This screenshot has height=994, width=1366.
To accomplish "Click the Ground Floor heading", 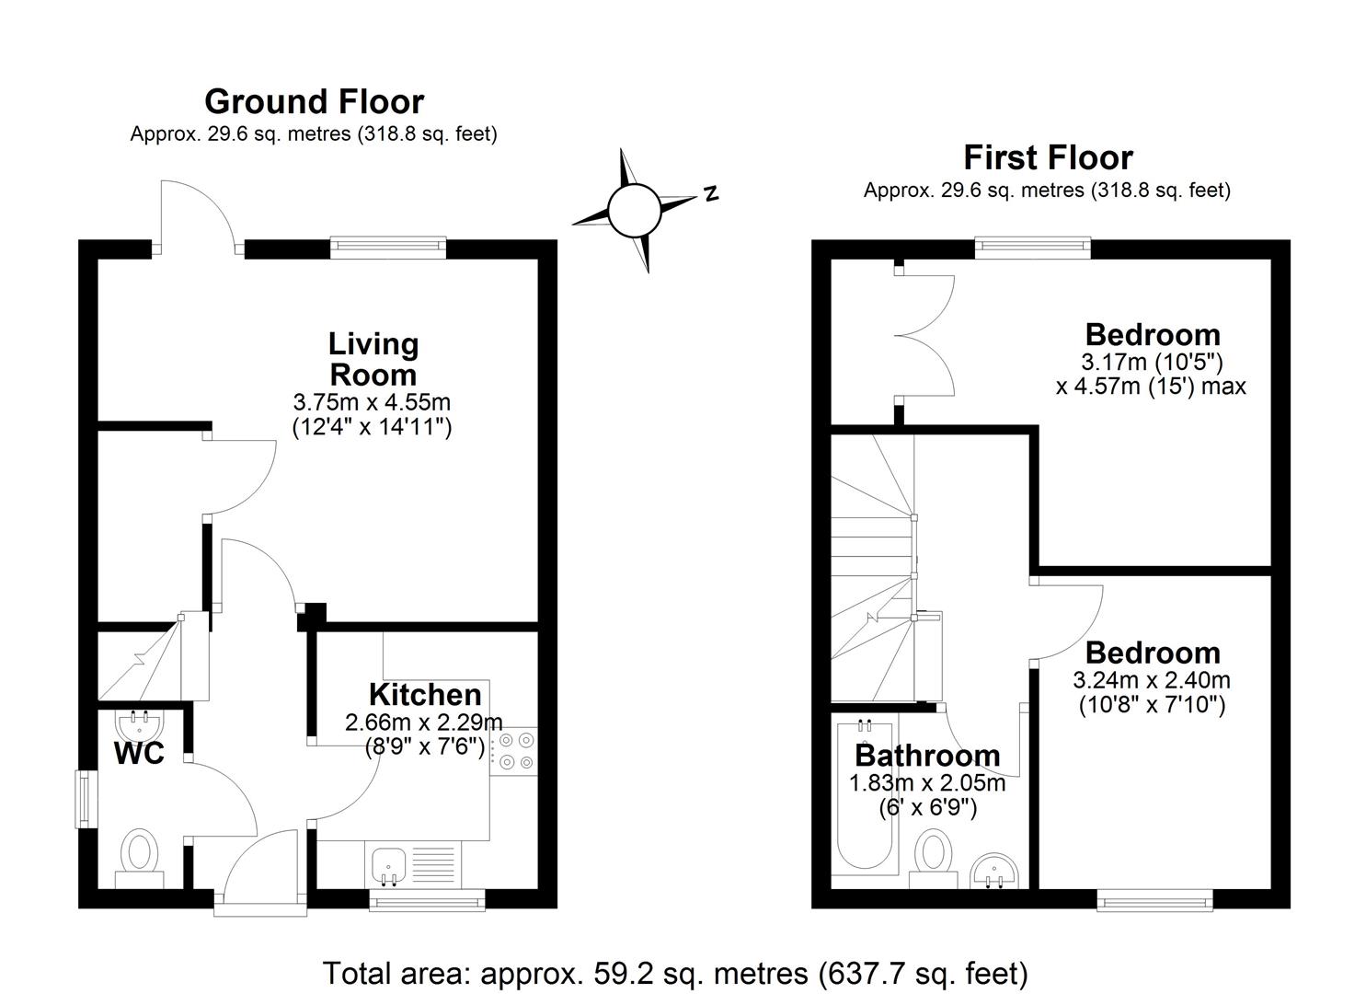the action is pyautogui.click(x=314, y=102).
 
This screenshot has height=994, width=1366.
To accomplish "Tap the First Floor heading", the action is pyautogui.click(x=1048, y=158).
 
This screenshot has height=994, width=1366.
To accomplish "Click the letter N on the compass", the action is pyautogui.click(x=710, y=193).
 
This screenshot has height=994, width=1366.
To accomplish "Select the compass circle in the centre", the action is pyautogui.click(x=634, y=210).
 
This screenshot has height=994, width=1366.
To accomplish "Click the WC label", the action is pyautogui.click(x=139, y=754).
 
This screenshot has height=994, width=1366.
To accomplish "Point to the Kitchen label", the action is pyautogui.click(x=425, y=695).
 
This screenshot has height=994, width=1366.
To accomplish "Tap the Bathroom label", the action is pyautogui.click(x=927, y=756).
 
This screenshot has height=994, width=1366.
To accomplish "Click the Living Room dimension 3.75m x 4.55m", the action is pyautogui.click(x=372, y=402).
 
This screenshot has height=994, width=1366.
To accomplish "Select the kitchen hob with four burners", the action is pyautogui.click(x=513, y=752).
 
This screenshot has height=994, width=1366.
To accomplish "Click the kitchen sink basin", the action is pyautogui.click(x=388, y=865).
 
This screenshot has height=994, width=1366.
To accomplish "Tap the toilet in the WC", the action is pyautogui.click(x=140, y=857).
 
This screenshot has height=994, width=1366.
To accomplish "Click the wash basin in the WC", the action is pyautogui.click(x=139, y=724).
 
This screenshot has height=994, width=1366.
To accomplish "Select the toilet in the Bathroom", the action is pyautogui.click(x=933, y=858).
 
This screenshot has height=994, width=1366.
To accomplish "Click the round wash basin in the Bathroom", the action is pyautogui.click(x=994, y=872).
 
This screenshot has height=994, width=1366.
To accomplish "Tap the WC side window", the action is pyautogui.click(x=86, y=800).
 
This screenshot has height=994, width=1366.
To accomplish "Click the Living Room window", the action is pyautogui.click(x=388, y=248).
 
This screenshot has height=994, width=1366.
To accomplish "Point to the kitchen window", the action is pyautogui.click(x=427, y=900).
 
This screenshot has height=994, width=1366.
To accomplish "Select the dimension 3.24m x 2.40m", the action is pyautogui.click(x=1152, y=680).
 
